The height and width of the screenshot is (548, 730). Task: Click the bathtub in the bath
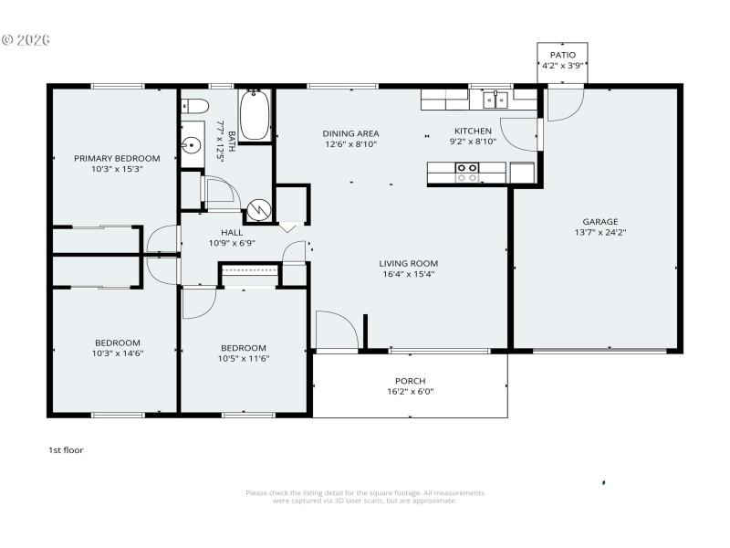[x=255, y=115]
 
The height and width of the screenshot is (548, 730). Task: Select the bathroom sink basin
[x=192, y=144]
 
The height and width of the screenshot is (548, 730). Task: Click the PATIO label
[x=562, y=55]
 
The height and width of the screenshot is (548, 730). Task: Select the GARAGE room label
[x=600, y=221]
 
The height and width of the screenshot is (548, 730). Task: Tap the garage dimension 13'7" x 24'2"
[x=600, y=232]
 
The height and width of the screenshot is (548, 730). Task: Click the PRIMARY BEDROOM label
[x=117, y=158]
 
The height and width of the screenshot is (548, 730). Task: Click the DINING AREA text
[x=350, y=133]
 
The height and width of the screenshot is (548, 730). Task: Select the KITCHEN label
[x=473, y=131]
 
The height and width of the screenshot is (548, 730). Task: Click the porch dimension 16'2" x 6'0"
[x=410, y=392]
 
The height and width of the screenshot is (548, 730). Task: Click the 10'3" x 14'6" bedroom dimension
[x=117, y=353]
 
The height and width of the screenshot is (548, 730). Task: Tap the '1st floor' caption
[x=66, y=449]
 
